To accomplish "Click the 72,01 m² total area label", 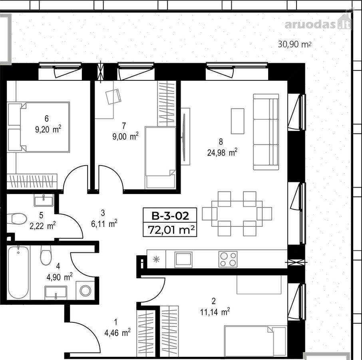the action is click(x=171, y=230).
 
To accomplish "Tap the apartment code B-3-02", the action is click(x=170, y=216).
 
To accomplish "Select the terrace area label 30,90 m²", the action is click(x=294, y=44).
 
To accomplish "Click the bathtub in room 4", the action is click(x=18, y=272).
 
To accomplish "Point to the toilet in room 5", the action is click(x=17, y=218).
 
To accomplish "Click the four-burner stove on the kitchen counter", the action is click(x=228, y=259).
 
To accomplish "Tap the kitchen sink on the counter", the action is click(x=183, y=260).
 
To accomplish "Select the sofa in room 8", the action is click(x=266, y=132).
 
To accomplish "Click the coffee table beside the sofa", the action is click(x=238, y=121).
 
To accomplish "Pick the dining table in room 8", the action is click(x=237, y=214).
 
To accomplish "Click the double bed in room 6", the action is click(x=38, y=127).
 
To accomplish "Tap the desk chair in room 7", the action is click(x=113, y=96).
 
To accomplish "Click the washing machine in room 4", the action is click(x=85, y=290).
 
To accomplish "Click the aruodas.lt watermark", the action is click(x=318, y=24).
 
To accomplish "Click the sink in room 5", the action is click(x=44, y=200).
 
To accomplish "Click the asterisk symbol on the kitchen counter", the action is click(x=156, y=259).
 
